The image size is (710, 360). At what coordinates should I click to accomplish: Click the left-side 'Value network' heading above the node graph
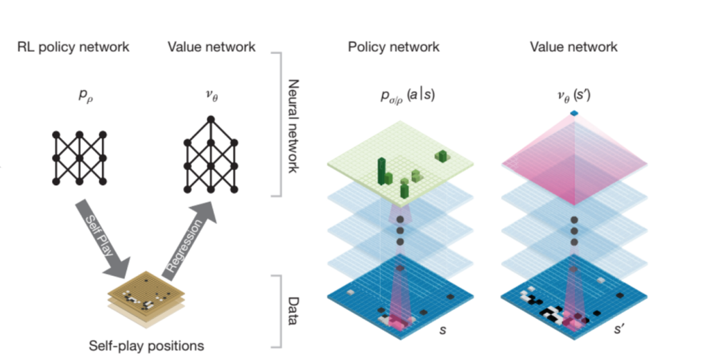(211, 47)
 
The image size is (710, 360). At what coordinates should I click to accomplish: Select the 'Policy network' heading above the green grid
(393, 47)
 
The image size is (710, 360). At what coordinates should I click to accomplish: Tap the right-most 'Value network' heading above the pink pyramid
(573, 47)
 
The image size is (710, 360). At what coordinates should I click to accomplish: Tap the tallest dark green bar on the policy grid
(381, 169)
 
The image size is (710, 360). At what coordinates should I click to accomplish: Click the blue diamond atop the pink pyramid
(574, 113)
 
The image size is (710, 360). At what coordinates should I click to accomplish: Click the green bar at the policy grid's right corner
(441, 157)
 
